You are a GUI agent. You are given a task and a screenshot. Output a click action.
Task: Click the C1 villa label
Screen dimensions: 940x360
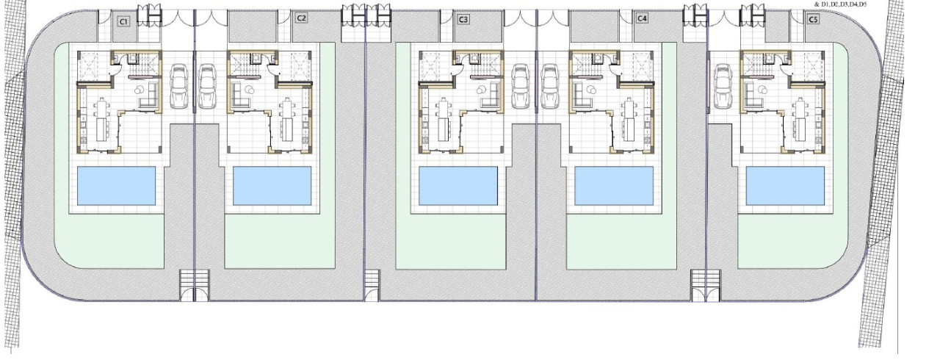[x=123, y=21]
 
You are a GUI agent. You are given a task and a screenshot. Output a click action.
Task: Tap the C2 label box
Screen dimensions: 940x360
[x=301, y=18]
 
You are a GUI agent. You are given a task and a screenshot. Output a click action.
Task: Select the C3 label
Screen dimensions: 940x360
[x=463, y=19]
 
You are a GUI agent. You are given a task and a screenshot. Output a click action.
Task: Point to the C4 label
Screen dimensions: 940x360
[x=642, y=18]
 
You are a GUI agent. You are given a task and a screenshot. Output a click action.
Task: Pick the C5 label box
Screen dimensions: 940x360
[x=813, y=19]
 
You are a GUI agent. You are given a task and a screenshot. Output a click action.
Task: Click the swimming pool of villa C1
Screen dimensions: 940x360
[x=116, y=186]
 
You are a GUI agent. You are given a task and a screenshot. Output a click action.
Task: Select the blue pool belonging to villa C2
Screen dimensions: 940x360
[x=272, y=186]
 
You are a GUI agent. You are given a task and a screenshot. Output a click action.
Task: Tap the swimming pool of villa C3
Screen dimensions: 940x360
[x=458, y=186]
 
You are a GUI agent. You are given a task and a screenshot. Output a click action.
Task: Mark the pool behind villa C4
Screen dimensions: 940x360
[x=614, y=186]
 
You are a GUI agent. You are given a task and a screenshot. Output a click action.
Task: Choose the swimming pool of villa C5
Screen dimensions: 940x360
[x=785, y=186]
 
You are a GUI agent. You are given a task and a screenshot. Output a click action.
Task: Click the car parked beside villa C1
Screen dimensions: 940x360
[x=178, y=86]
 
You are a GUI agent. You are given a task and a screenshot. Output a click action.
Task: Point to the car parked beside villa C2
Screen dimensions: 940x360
[x=206, y=86]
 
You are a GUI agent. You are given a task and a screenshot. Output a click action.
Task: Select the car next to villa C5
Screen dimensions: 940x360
[x=723, y=86]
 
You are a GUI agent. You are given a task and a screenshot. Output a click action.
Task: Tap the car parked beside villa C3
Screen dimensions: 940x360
[x=521, y=86]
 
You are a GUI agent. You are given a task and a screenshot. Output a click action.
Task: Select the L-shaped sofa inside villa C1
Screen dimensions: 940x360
[x=149, y=96]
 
